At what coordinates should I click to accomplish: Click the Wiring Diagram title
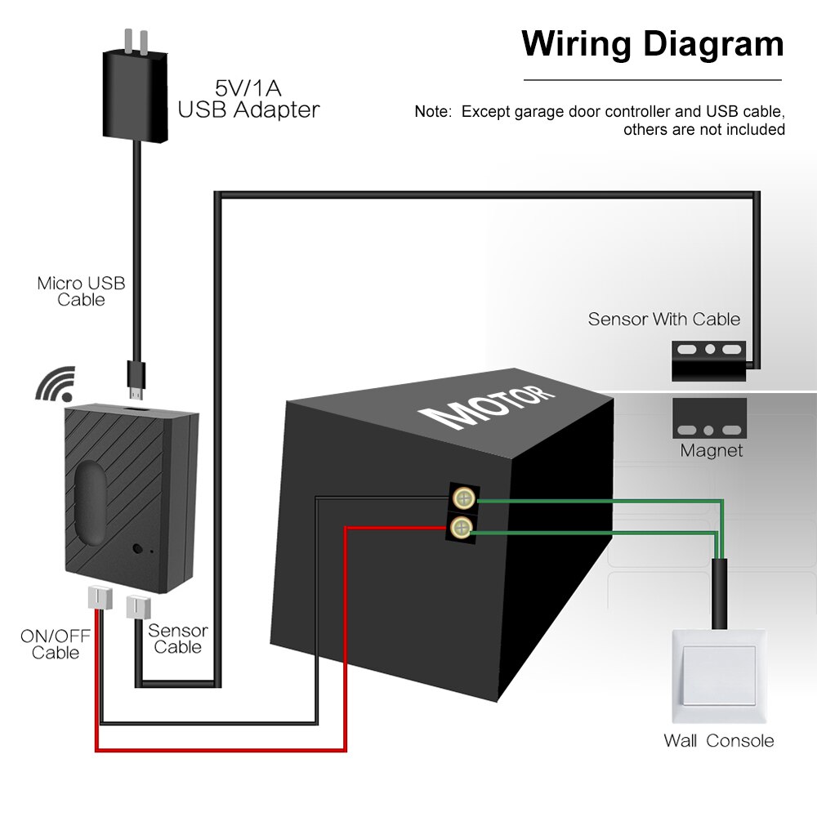(x=652, y=43)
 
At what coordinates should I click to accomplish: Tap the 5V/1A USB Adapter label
(x=248, y=99)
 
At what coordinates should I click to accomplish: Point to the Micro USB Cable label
(x=81, y=292)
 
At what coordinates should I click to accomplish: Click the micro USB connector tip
(x=136, y=377)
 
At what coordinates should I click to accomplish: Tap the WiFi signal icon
(x=55, y=384)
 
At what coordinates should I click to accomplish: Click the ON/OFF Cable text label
(x=56, y=644)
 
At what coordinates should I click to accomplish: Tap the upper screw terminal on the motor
(x=462, y=497)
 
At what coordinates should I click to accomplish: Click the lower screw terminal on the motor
(x=462, y=525)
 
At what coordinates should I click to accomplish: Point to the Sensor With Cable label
(x=663, y=319)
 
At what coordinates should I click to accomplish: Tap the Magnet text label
(x=712, y=451)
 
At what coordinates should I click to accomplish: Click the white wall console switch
(x=718, y=675)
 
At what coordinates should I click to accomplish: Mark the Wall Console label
(x=718, y=741)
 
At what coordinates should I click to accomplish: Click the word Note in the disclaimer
(x=432, y=112)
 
